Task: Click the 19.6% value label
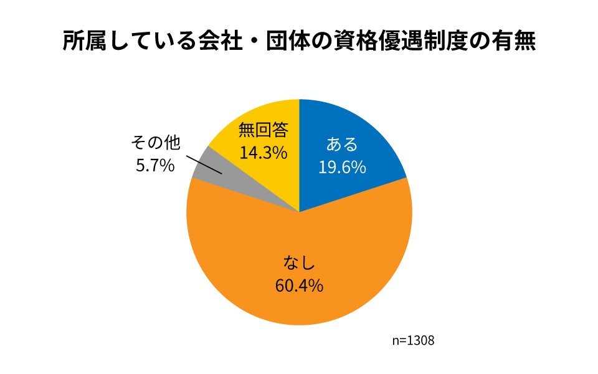[342, 166]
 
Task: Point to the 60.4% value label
[298, 285]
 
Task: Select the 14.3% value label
[263, 152]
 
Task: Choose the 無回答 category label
[263, 130]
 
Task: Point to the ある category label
[342, 145]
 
